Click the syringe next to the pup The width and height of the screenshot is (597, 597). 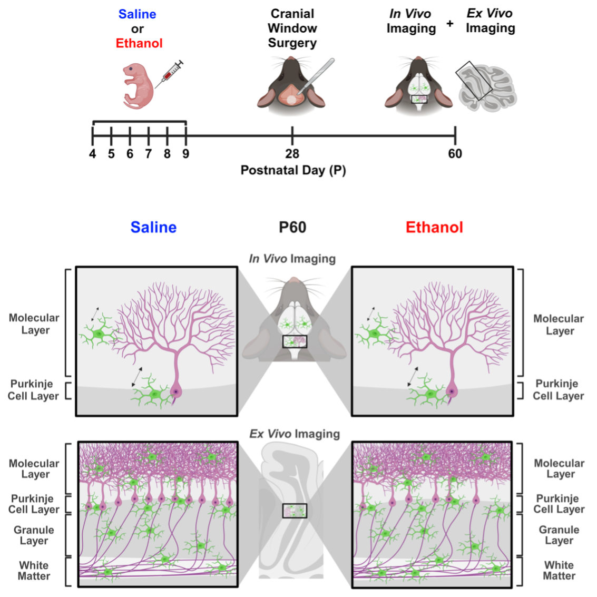[x=169, y=75]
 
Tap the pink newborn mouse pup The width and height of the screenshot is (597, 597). [x=138, y=85]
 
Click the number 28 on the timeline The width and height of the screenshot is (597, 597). [x=292, y=154]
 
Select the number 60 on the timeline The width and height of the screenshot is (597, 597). [x=455, y=154]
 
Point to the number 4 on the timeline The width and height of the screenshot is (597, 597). [x=93, y=154]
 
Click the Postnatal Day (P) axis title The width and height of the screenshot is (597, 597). [x=293, y=171]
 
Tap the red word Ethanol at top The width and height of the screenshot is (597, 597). [x=139, y=43]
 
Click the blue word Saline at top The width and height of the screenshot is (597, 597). [x=137, y=14]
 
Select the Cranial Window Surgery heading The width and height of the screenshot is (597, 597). [x=292, y=28]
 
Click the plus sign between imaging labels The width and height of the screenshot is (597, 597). [x=449, y=23]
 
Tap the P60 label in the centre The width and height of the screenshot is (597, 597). [x=292, y=228]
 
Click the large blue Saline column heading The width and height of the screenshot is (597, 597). [x=153, y=228]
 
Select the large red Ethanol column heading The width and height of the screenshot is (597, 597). [x=434, y=228]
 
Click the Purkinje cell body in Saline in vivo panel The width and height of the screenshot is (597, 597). [x=175, y=392]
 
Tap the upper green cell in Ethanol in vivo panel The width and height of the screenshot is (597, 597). [x=375, y=333]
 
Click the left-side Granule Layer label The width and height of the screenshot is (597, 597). [x=34, y=535]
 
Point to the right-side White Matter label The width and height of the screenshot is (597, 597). [x=559, y=570]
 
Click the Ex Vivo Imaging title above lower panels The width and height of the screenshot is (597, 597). [x=295, y=434]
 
